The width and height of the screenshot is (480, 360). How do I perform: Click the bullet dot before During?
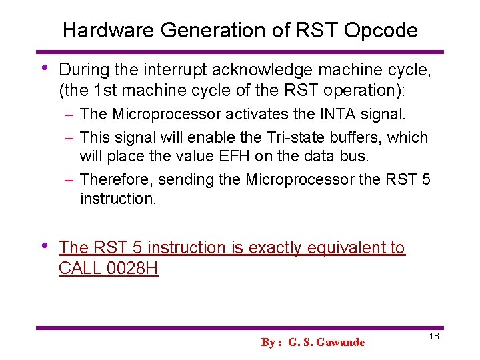[x=44, y=68]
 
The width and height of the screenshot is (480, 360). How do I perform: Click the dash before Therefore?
[x=69, y=180]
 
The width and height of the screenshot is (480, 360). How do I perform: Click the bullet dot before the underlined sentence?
[x=44, y=245]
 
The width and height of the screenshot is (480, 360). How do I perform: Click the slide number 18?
[x=433, y=337]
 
